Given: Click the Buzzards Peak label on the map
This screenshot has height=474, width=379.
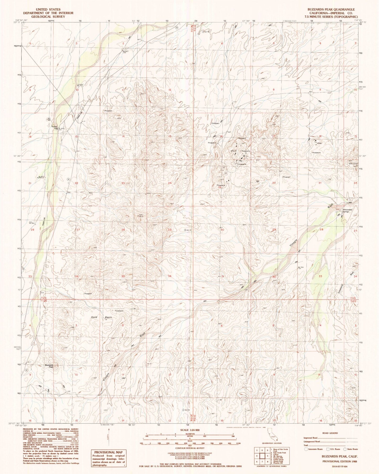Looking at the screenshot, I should [x=49, y=366].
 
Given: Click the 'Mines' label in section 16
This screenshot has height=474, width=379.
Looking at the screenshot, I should [x=319, y=144].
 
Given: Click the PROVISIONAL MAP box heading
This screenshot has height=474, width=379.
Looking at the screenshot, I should [x=108, y=452].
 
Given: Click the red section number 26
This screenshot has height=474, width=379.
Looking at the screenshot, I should [x=123, y=230].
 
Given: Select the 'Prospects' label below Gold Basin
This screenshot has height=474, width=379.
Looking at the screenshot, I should [x=119, y=311].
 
